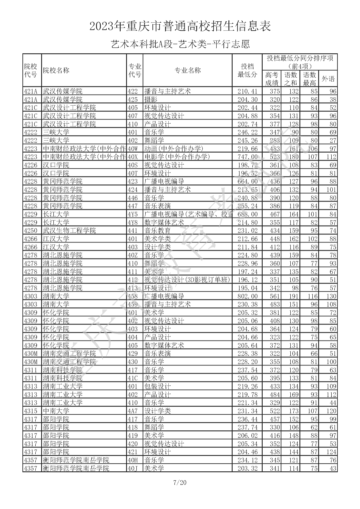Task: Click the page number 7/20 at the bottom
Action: tap(180, 482)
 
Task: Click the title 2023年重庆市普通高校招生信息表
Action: tap(180, 26)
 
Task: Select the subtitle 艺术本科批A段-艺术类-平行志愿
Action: tap(180, 44)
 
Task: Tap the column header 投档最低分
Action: tap(247, 70)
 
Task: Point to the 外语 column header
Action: tap(328, 79)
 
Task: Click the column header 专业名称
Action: tap(188, 70)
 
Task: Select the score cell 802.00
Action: tap(247, 296)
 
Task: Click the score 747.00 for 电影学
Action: tap(247, 157)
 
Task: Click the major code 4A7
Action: tap(133, 411)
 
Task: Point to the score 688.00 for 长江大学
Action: tap(247, 214)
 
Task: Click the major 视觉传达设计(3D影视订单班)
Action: tap(187, 280)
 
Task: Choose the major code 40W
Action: tap(133, 149)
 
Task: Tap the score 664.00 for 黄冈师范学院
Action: tap(247, 182)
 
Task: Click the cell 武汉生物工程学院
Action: tap(69, 231)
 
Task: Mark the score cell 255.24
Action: tap(247, 206)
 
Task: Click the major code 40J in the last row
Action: tap(133, 468)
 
